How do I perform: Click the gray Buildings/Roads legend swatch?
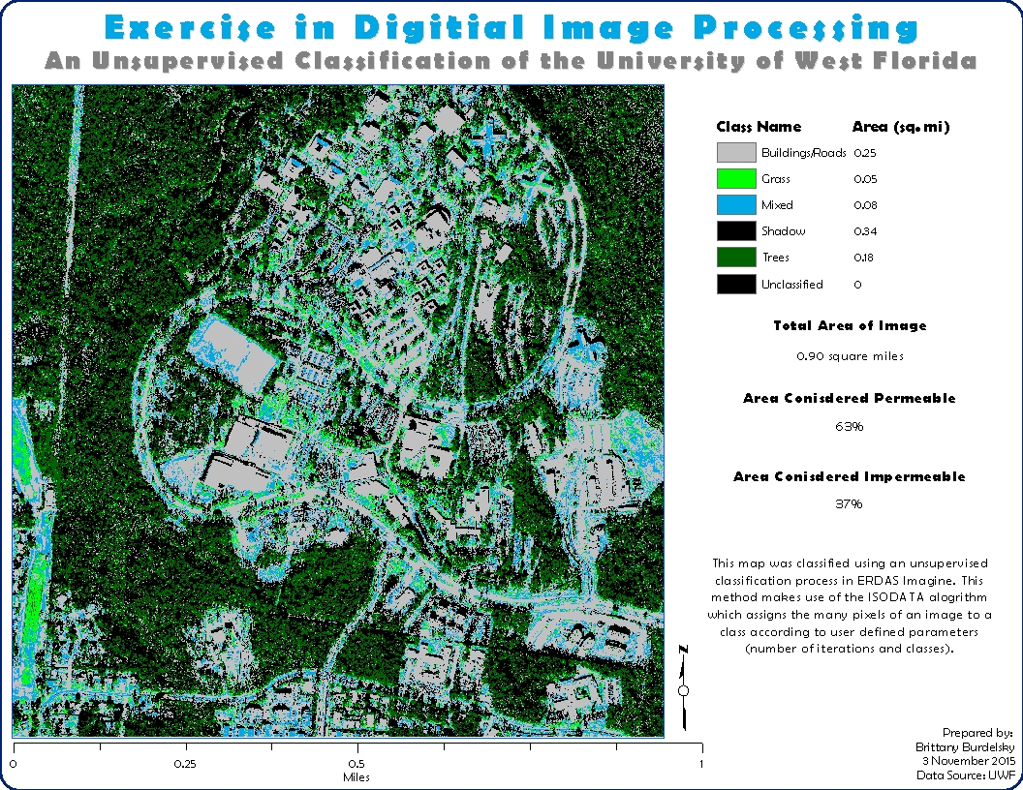coord(735,153)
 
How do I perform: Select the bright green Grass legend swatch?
coord(735,179)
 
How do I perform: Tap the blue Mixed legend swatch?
coord(735,205)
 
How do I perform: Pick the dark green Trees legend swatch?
coord(735,258)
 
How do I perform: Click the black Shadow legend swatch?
coord(735,231)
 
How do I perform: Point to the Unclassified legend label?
coord(791,285)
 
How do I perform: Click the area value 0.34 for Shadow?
coord(865,231)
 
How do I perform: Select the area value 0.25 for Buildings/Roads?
coord(865,153)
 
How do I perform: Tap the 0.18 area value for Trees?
coord(865,258)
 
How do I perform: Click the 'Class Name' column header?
coord(759,127)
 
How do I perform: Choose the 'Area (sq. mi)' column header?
coord(900,127)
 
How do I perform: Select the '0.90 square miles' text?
coord(849,356)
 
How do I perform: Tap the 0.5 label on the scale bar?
coord(357,763)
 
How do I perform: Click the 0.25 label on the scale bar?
coord(185,763)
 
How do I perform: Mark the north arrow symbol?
coord(684,688)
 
